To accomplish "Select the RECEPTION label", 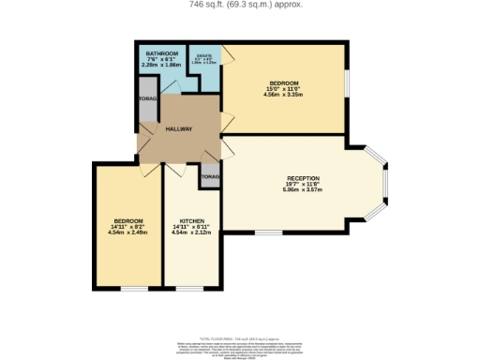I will [x=303, y=178].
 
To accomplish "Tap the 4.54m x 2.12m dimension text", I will [x=191, y=232].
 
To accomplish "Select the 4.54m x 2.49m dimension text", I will [x=128, y=232].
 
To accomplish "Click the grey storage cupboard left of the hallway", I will [x=147, y=107].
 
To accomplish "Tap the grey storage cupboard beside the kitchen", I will [x=210, y=176].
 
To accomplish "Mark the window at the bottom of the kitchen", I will [x=190, y=288].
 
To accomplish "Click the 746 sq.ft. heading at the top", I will [x=240, y=5].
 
